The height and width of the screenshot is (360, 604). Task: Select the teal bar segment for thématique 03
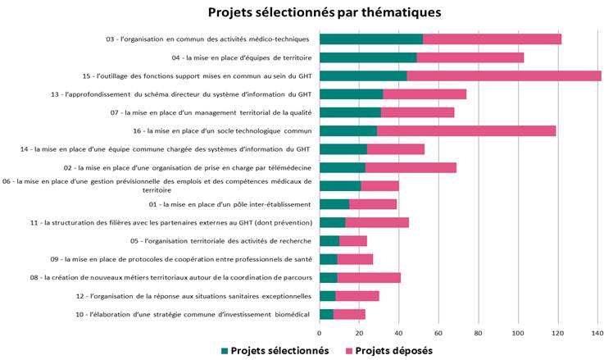coord(370,39)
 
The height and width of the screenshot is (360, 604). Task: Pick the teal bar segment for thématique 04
coord(368,57)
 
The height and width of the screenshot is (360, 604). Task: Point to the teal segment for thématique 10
coord(326,314)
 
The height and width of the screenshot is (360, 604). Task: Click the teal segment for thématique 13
coord(351,93)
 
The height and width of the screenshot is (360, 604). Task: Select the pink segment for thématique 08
coord(368,277)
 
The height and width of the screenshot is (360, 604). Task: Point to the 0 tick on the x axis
coord(320,333)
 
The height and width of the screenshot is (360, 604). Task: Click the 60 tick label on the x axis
coord(438,333)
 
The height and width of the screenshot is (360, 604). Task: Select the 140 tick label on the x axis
coord(597,333)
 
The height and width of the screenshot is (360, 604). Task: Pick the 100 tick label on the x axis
coord(518,333)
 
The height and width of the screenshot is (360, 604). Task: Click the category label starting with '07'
coord(211,112)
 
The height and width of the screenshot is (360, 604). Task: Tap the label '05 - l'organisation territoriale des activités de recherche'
coord(220,241)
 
